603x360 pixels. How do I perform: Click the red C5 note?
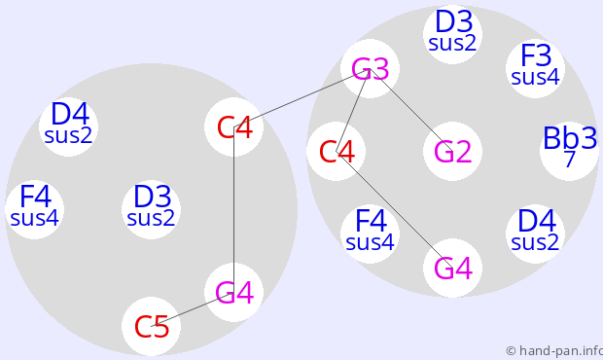pyautogui.click(x=151, y=326)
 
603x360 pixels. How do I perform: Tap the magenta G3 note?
pyautogui.click(x=370, y=69)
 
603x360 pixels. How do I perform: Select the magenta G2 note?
pyautogui.click(x=452, y=151)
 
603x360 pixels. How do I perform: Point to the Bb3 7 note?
pyautogui.click(x=570, y=151)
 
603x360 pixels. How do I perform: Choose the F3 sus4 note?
pyautogui.click(x=535, y=69)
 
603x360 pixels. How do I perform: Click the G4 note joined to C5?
pyautogui.click(x=233, y=292)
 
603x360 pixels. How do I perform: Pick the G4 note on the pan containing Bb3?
pyautogui.click(x=452, y=269)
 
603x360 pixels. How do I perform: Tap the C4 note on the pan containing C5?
pyautogui.click(x=233, y=126)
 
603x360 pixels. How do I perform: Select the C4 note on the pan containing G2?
pyautogui.click(x=337, y=151)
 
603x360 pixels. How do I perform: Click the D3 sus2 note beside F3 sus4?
pyautogui.click(x=452, y=35)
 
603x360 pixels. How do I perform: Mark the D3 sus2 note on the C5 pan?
pyautogui.click(x=151, y=209)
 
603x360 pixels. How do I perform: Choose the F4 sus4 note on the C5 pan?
pyautogui.click(x=35, y=209)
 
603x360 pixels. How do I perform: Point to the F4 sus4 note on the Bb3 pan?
pyautogui.click(x=370, y=234)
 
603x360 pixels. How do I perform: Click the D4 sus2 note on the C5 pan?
pyautogui.click(x=68, y=126)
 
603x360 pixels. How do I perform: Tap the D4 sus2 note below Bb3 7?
pyautogui.click(x=535, y=234)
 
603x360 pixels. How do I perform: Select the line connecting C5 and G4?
pyautogui.click(x=193, y=309)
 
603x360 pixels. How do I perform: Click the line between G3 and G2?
pyautogui.click(x=411, y=110)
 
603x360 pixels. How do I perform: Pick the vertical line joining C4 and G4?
pyautogui.click(x=233, y=209)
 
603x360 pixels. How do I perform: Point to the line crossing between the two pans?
pyautogui.click(x=301, y=97)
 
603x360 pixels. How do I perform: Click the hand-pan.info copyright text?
pyautogui.click(x=554, y=351)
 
